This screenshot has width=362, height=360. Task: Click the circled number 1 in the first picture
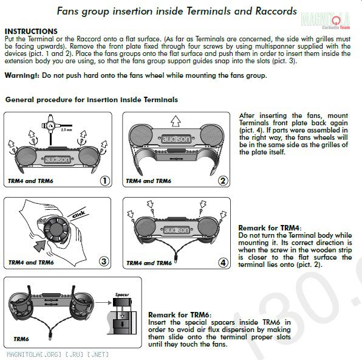tap(105, 181)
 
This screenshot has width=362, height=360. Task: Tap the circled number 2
tap(223, 181)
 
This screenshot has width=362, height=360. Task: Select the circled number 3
tap(104, 261)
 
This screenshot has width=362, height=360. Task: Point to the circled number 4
tap(223, 263)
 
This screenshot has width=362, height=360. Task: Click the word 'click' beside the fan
tap(78, 214)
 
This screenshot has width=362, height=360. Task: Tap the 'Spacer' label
tap(122, 294)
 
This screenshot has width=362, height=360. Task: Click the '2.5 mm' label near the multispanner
tap(66, 130)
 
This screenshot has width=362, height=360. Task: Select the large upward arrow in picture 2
tap(176, 121)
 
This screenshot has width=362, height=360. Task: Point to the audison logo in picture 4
tap(176, 230)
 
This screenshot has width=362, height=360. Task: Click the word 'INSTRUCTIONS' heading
tap(31, 31)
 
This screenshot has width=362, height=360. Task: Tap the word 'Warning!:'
tap(22, 75)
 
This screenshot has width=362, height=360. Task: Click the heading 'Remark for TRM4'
tap(269, 228)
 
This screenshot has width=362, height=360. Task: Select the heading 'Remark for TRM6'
tap(179, 315)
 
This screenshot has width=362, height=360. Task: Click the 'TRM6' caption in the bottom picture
tap(21, 339)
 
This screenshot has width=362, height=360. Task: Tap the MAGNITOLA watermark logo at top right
tap(326, 20)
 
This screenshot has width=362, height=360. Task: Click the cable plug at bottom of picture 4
tap(176, 260)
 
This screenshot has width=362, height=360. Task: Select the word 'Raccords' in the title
tap(276, 11)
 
